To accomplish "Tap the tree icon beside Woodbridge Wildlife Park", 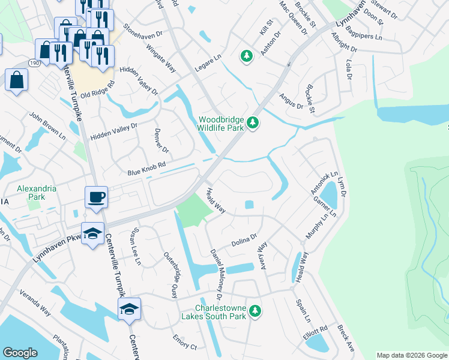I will (x=253, y=123).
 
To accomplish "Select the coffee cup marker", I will (x=96, y=197).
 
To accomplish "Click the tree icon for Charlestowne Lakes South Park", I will (x=256, y=310).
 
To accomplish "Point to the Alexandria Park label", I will (x=37, y=192).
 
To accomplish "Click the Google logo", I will (x=20, y=353).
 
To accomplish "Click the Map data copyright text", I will (x=411, y=355).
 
